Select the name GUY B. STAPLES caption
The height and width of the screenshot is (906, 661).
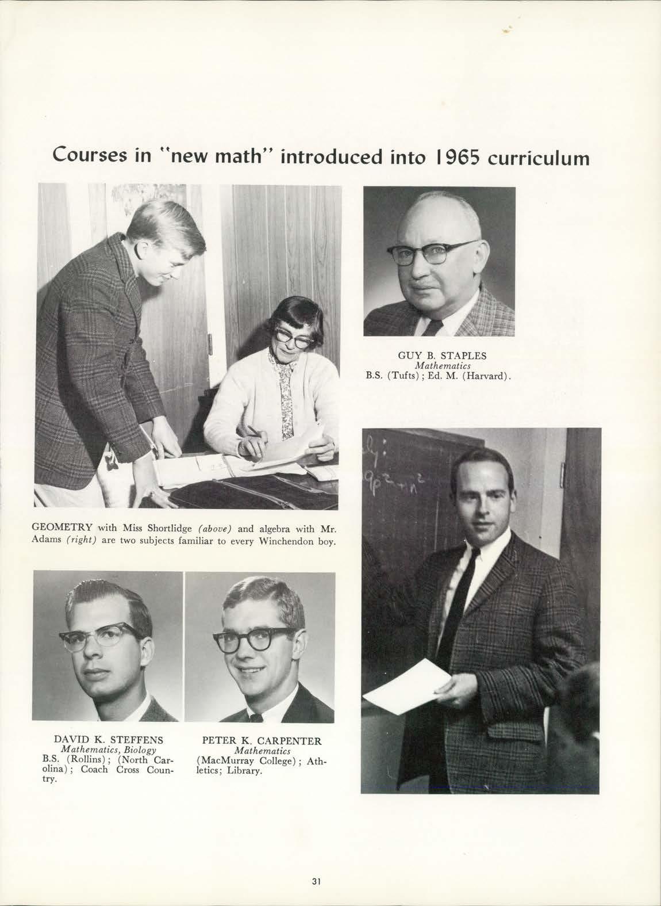pyautogui.click(x=442, y=355)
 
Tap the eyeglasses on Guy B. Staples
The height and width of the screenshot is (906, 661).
pyautogui.click(x=432, y=254)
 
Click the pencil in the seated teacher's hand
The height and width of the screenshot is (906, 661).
pyautogui.click(x=254, y=432)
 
